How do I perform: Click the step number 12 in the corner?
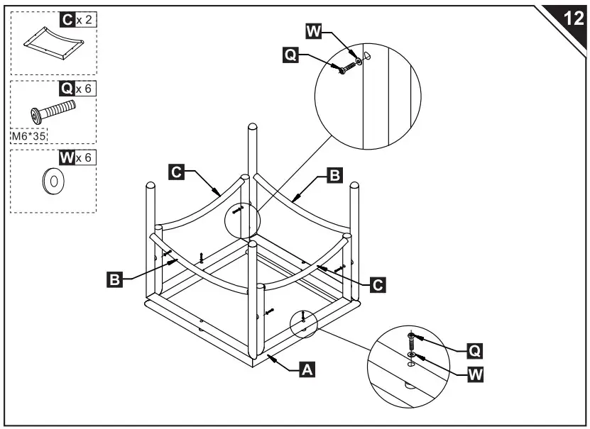point(572,18)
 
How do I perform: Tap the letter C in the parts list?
point(67,20)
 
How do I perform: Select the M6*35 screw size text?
point(26,134)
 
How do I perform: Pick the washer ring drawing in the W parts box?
point(53,181)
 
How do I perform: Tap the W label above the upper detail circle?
point(312,30)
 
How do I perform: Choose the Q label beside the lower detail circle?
point(474,350)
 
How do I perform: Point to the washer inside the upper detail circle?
point(359,62)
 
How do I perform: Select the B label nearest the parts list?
point(113,279)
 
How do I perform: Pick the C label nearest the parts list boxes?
point(177,171)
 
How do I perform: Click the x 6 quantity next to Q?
point(84,89)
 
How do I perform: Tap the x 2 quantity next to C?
point(84,20)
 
